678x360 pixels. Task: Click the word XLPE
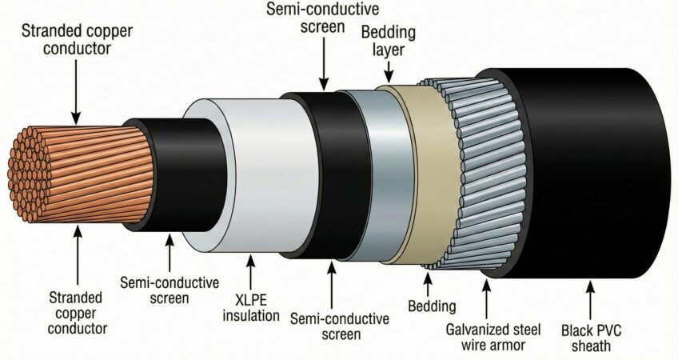click(251, 299)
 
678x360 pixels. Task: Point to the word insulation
click(251, 315)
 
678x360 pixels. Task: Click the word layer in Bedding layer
click(388, 50)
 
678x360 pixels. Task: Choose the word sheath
click(591, 346)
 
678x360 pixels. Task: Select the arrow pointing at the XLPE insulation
click(251, 273)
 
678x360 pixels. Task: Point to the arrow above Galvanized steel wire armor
click(487, 299)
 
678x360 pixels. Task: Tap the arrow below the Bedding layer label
click(389, 71)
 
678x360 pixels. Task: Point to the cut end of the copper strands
click(27, 174)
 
